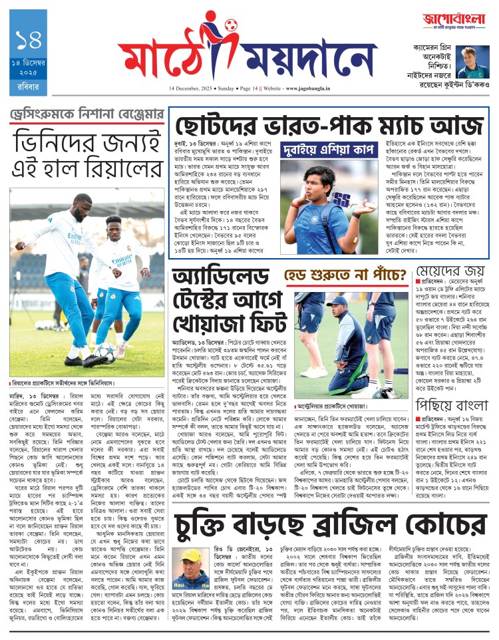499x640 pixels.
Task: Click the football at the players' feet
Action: [x=104, y=351]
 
